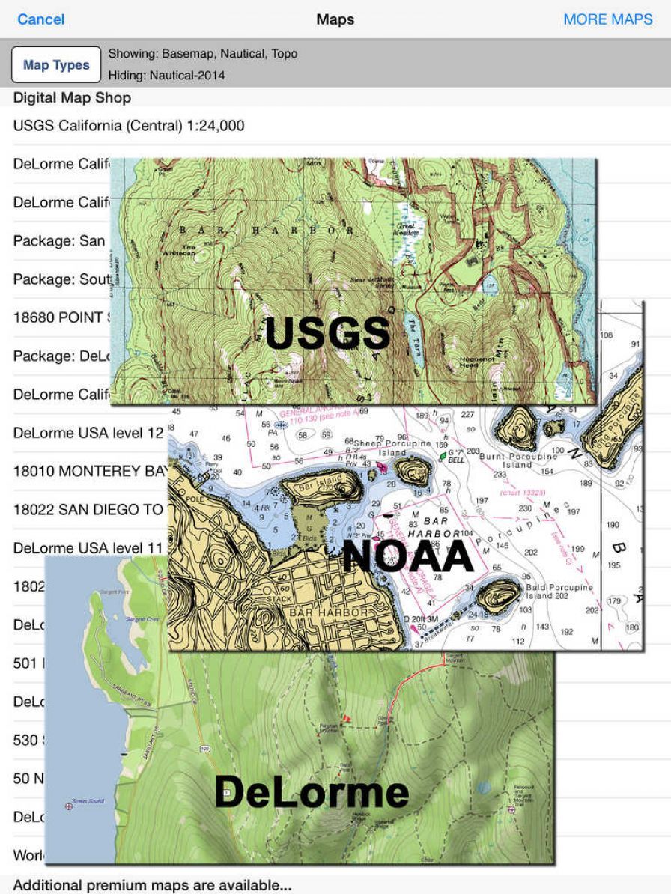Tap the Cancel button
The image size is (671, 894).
click(40, 19)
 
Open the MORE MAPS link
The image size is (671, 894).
click(607, 19)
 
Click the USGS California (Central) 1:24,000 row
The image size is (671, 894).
click(129, 126)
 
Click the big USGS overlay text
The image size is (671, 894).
click(327, 333)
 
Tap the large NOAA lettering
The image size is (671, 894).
click(407, 556)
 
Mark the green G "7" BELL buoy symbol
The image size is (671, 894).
click(443, 454)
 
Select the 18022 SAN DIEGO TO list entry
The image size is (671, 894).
click(88, 510)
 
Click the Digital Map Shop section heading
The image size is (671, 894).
click(72, 98)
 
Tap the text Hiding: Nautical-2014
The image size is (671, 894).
click(166, 75)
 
